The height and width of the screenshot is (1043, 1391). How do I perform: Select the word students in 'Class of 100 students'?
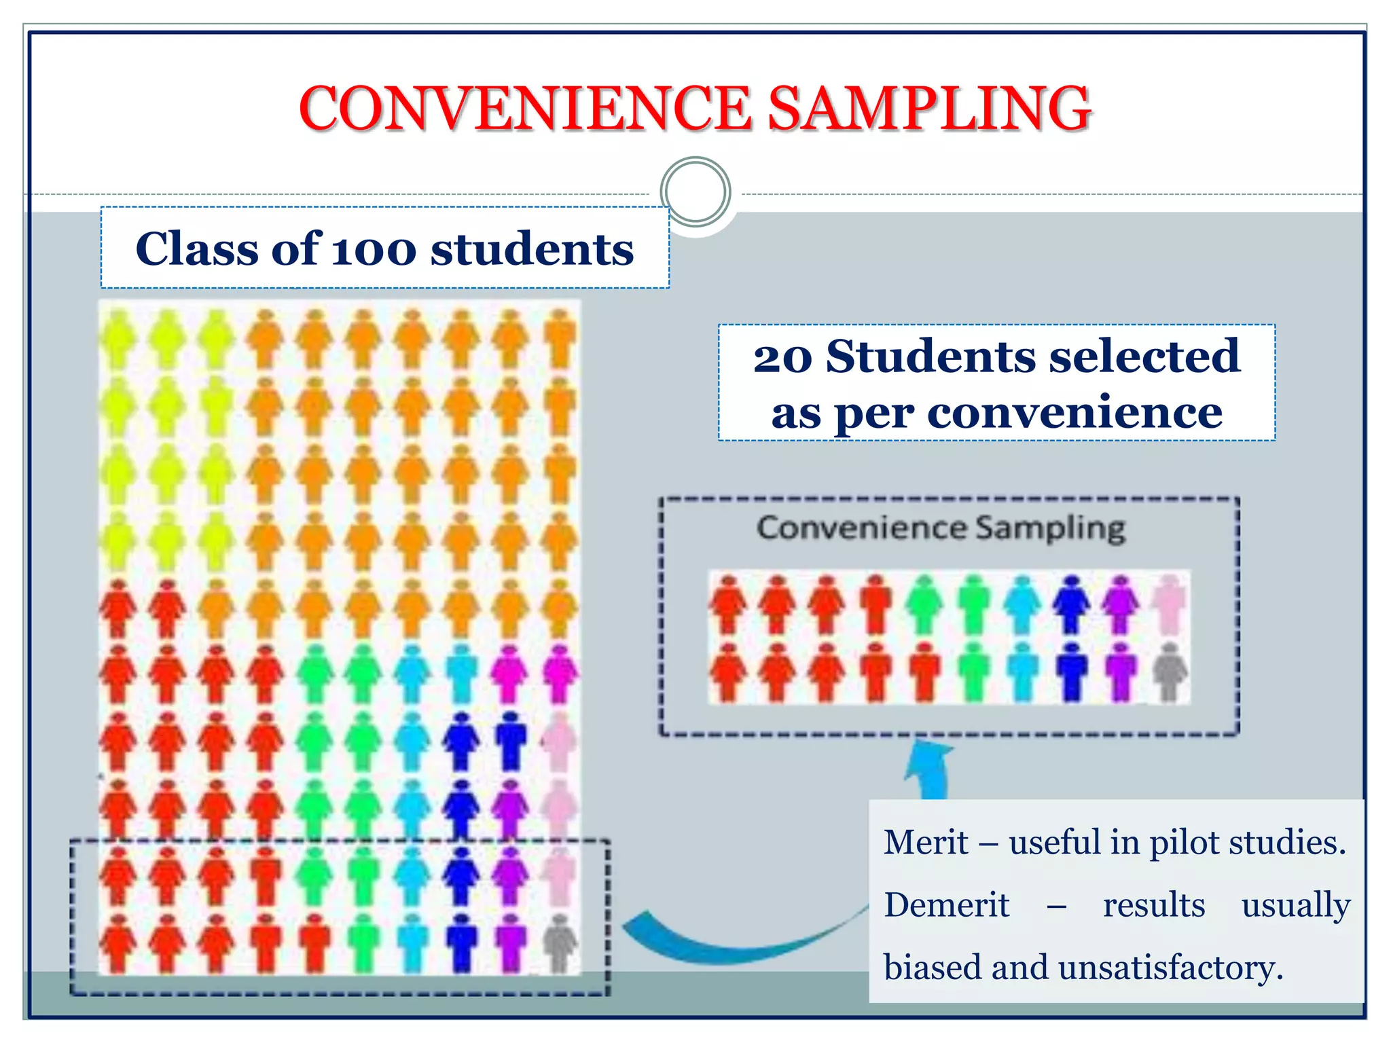click(x=532, y=249)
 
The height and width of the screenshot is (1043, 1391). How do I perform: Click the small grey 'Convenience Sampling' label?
click(x=941, y=528)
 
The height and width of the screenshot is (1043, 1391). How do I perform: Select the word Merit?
click(x=926, y=843)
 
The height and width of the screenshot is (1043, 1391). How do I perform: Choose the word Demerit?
click(x=946, y=905)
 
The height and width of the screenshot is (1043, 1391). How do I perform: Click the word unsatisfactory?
click(x=1170, y=968)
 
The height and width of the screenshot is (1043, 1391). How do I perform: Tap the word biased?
click(x=932, y=968)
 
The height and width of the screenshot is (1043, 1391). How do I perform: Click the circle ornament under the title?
click(x=695, y=191)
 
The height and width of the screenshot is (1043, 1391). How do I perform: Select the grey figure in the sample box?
click(x=1170, y=671)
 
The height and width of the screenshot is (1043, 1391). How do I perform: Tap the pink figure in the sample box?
click(x=1170, y=604)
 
